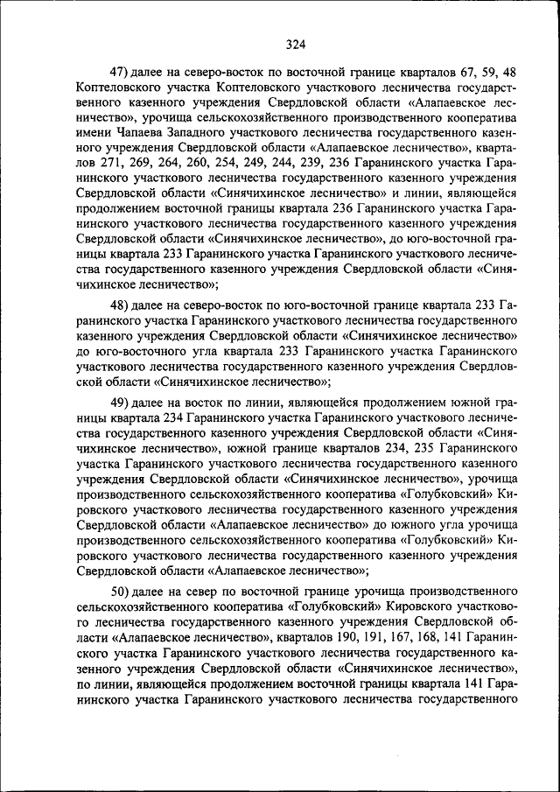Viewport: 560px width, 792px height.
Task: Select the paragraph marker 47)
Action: [120, 72]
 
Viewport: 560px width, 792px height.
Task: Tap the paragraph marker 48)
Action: [120, 306]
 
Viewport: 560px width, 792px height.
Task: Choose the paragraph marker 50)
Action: [120, 588]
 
